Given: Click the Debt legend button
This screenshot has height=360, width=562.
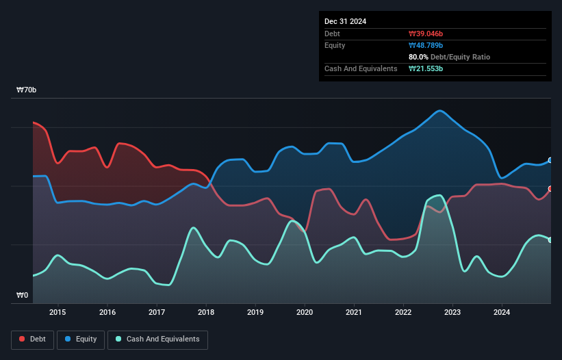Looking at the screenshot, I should point(33,339).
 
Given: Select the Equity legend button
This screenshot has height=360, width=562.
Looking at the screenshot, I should point(81,339).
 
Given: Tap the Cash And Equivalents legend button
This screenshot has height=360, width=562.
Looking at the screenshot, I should point(157,339).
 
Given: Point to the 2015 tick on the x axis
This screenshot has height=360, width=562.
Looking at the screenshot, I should point(58,313).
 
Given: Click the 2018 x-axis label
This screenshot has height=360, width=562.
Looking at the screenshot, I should point(206,313).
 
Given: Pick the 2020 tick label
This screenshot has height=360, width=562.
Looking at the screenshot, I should point(305,313).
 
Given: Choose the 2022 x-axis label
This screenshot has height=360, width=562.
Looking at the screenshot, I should point(403,313).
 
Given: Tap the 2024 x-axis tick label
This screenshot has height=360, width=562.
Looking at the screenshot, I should point(502,313).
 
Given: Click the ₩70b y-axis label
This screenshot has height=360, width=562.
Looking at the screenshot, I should point(27,90).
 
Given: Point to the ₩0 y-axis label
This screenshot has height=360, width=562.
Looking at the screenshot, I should point(23,296).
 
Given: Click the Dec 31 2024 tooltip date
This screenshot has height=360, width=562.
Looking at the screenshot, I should point(346,21).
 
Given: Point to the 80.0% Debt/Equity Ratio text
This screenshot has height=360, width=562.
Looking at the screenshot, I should point(449,57).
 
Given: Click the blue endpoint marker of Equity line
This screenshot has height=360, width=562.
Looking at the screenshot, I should point(550,160).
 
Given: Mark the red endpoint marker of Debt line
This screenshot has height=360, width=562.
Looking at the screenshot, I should point(550,189).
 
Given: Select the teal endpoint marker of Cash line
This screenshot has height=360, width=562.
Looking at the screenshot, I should point(550,240).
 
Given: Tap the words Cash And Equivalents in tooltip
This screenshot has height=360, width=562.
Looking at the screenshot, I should point(361,68).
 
